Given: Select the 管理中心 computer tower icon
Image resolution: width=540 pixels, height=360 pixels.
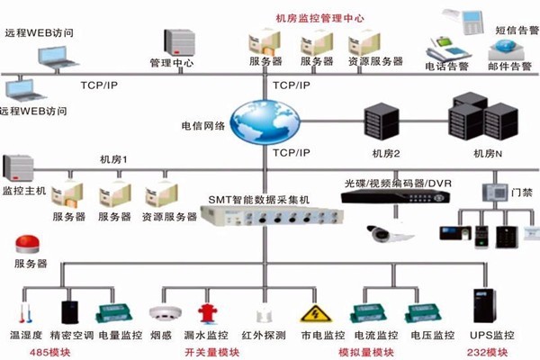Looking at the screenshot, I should tap(173, 41).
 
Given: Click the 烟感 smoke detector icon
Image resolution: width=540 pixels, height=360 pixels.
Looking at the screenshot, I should tap(162, 314).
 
